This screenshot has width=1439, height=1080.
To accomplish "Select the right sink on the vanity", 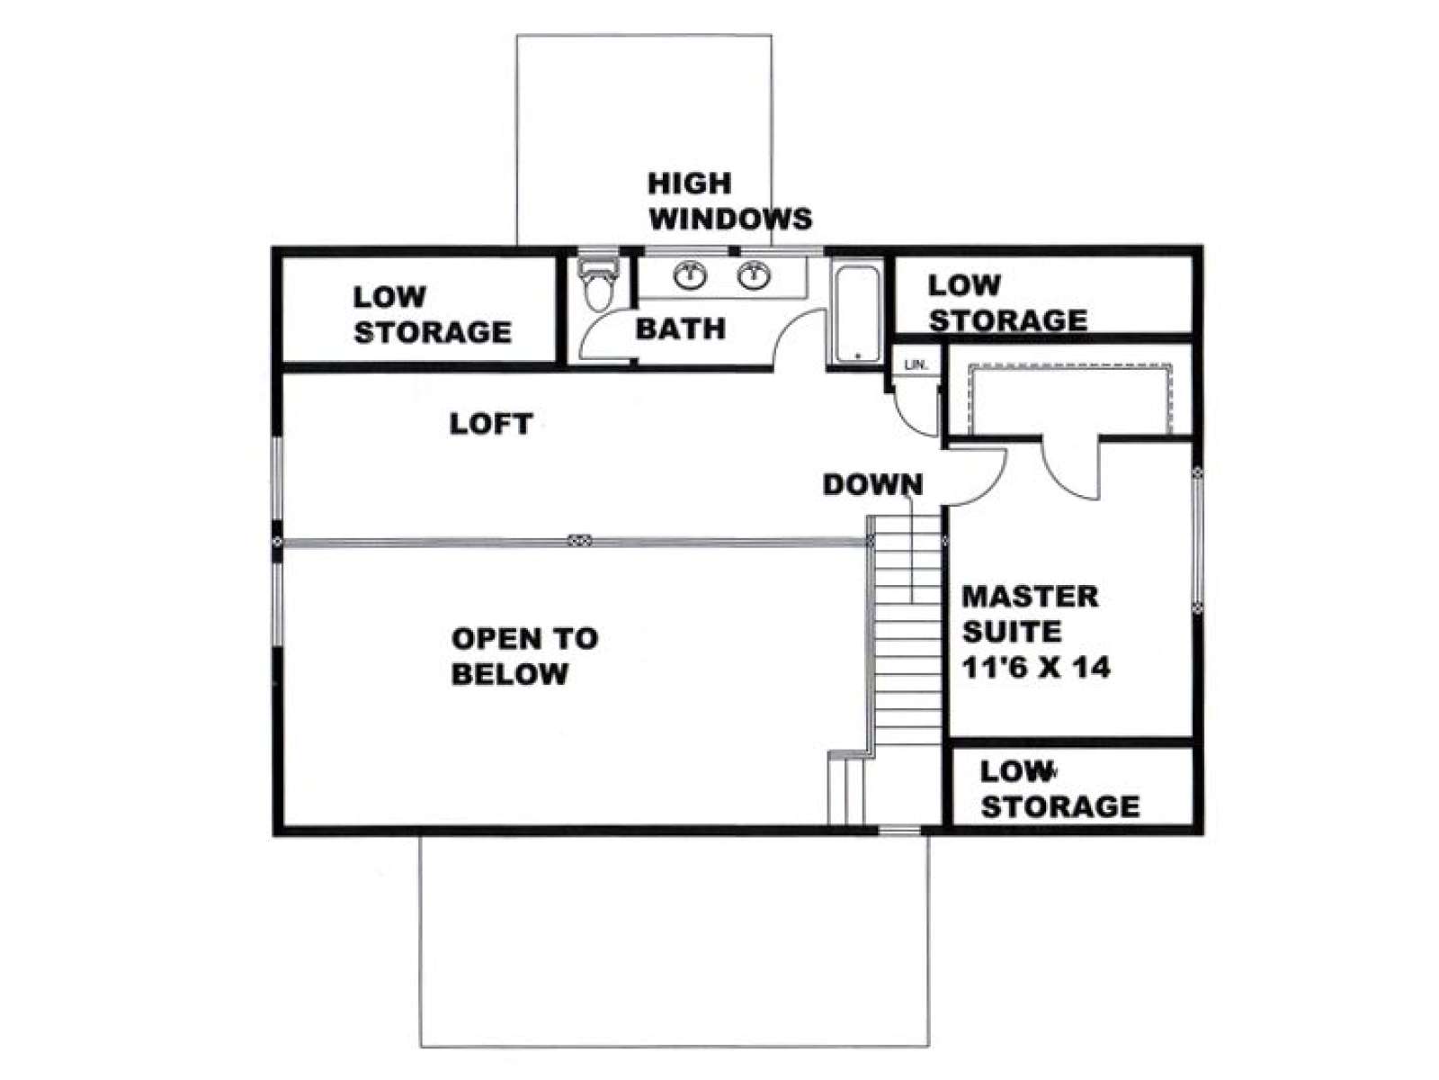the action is click(x=754, y=275).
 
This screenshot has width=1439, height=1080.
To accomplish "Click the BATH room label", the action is click(x=681, y=328).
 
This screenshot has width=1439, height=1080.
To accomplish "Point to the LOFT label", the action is click(x=491, y=424).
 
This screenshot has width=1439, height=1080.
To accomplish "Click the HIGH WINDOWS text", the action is click(x=730, y=201).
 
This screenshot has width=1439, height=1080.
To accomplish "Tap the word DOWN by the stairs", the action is click(x=872, y=484).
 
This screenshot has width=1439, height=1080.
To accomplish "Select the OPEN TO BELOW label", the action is click(x=524, y=656).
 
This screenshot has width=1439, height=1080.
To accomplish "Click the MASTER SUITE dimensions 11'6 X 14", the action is click(x=1036, y=668).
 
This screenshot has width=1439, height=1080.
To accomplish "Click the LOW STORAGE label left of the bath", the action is click(x=432, y=314).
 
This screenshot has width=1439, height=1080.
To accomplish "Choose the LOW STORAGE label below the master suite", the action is click(x=1060, y=789).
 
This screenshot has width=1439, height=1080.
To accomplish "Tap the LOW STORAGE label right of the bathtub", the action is click(x=1007, y=302).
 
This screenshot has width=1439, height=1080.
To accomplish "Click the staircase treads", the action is click(x=908, y=629).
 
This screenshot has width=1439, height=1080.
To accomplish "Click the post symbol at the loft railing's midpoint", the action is click(x=579, y=540).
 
